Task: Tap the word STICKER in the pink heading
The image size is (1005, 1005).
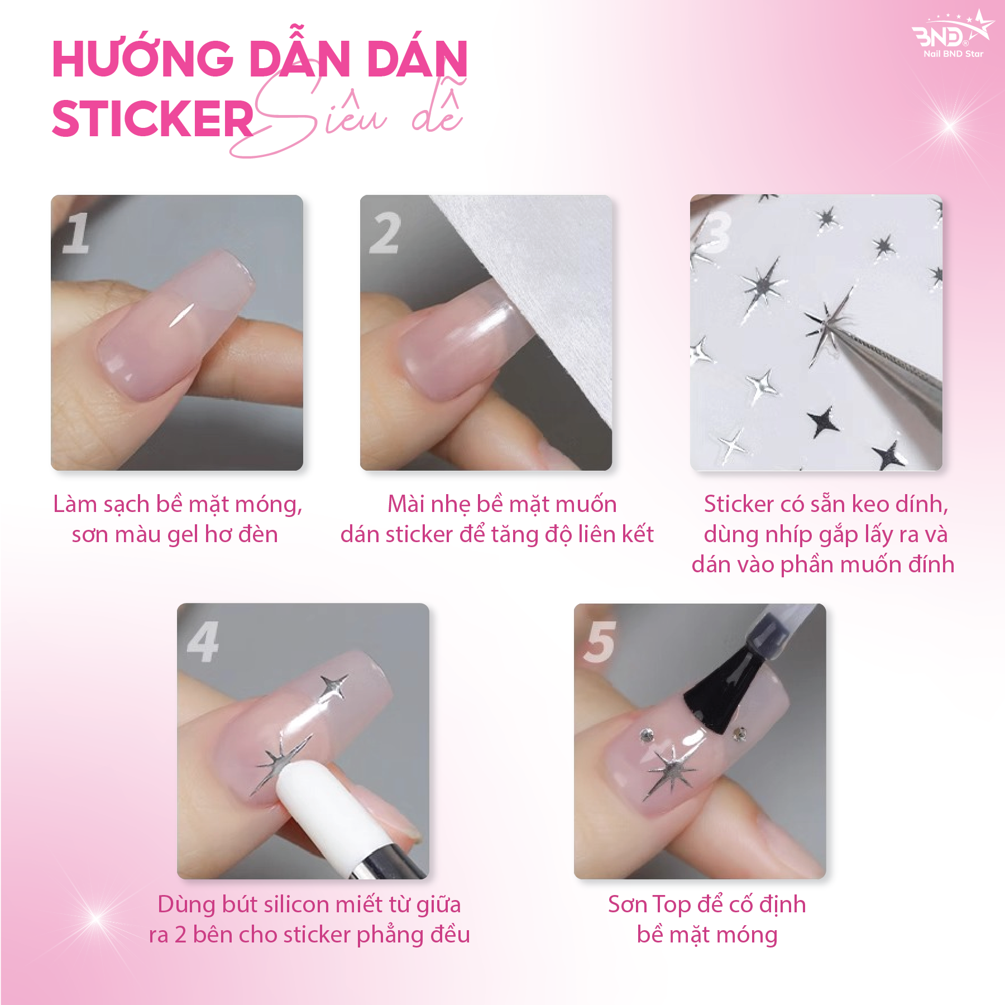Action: point(153,118)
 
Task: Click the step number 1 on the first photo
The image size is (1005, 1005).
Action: point(76,233)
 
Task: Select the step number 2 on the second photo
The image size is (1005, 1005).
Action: point(385,233)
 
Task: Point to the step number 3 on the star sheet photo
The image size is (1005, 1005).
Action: point(715,232)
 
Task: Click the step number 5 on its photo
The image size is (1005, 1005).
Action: point(599,642)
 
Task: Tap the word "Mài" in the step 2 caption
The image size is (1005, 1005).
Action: point(406,504)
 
